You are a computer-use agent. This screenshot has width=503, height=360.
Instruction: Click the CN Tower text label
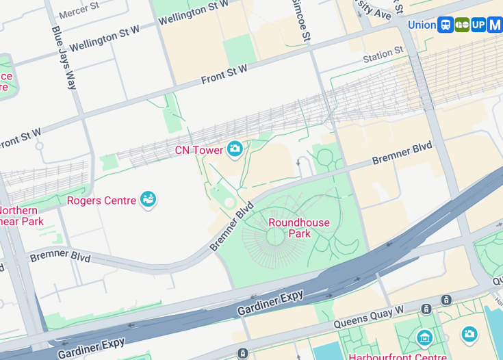click(199, 150)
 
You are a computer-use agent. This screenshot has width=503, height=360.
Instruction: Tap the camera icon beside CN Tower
click(235, 149)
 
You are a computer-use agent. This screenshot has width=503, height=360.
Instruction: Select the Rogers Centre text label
click(101, 201)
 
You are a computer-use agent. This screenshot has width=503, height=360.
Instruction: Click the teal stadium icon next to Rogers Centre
click(148, 200)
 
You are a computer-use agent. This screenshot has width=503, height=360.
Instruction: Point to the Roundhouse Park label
click(298, 228)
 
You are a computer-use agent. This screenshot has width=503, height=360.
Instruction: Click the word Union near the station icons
click(422, 25)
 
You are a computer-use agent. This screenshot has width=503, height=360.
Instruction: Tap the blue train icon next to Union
click(446, 25)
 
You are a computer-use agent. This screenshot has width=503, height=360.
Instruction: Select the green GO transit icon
click(462, 25)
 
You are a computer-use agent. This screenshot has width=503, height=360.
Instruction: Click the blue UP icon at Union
click(478, 25)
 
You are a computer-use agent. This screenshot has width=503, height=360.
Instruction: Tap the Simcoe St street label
click(302, 21)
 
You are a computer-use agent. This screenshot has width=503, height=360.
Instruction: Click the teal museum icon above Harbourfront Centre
click(424, 337)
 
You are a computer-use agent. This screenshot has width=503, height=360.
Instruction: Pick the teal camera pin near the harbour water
click(469, 333)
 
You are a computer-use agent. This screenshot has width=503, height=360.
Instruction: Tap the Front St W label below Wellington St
click(224, 74)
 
